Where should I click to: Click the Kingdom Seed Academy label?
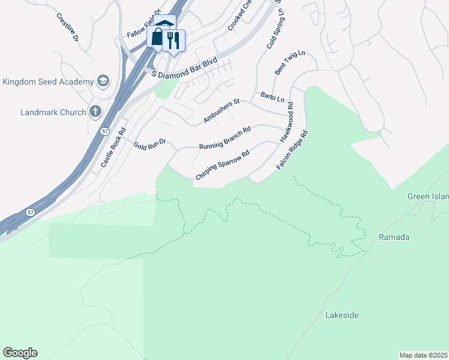point(47,82)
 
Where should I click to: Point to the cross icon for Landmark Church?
point(95,112)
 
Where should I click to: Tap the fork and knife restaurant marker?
point(173,40)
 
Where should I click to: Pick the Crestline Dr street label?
point(68,27)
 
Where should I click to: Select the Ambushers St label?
point(221,111)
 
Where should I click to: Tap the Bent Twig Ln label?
point(290,62)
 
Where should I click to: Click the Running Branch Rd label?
point(224,137)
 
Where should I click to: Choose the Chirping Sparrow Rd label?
point(222,166)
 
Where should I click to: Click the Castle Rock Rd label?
point(113,147)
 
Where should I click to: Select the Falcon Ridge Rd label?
point(292,149)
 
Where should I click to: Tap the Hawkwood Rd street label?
point(286,122)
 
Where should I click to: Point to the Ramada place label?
point(394,237)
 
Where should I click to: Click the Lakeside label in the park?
point(342,315)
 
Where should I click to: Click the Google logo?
point(20,352)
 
